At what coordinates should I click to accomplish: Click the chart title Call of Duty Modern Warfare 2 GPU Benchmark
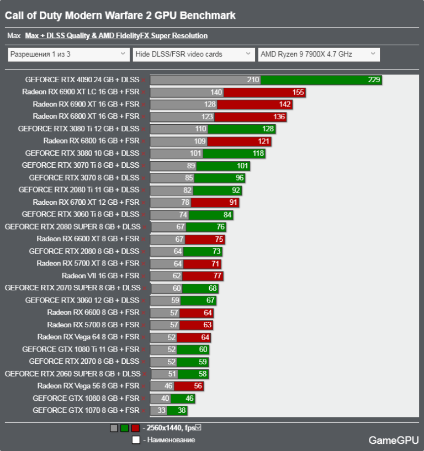point(120,15)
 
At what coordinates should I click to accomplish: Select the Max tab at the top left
point(14,36)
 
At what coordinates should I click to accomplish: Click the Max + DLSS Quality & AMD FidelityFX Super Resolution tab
point(116,36)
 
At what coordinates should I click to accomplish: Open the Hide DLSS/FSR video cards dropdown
point(193,54)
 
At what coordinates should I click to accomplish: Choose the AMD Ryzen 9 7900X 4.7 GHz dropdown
point(319,54)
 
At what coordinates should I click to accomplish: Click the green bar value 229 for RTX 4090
point(374,80)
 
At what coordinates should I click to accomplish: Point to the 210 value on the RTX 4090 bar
point(253,80)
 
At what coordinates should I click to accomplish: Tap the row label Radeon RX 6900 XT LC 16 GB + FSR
point(81,92)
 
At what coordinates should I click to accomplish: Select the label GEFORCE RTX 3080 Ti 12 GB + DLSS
point(78,129)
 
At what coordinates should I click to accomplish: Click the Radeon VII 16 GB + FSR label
point(100,275)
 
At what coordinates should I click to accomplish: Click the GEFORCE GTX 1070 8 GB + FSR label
point(86,410)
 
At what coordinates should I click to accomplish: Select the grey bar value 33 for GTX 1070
point(161,410)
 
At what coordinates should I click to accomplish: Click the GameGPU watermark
point(391,440)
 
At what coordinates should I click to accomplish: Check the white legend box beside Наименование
point(135,440)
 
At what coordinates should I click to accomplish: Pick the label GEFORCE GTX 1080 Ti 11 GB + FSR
point(81,349)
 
